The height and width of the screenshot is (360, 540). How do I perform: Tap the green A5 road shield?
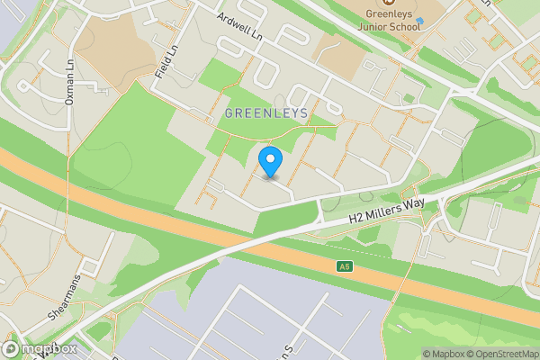click(x=344, y=266)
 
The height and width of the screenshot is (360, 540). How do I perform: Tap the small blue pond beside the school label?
click(x=419, y=20)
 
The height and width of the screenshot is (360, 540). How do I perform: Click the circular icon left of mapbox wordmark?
click(x=11, y=348)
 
